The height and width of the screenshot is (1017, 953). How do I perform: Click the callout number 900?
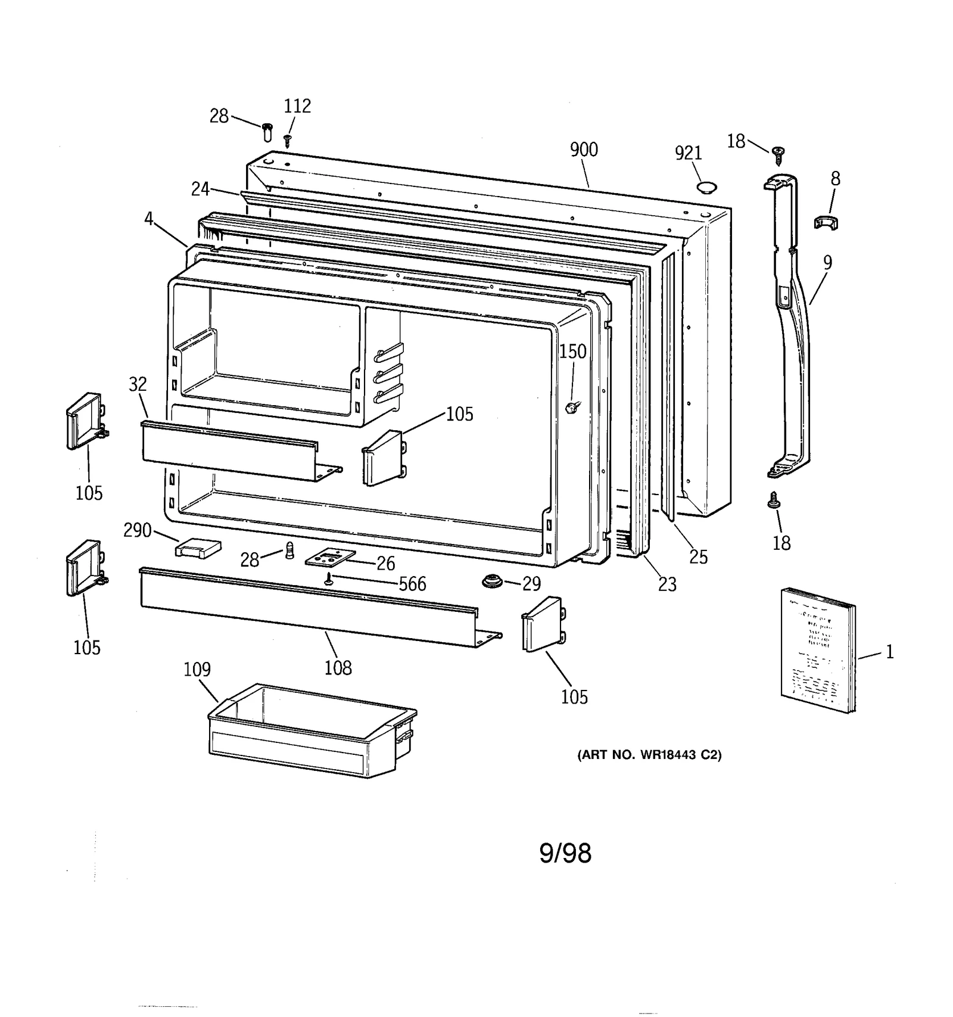click(583, 150)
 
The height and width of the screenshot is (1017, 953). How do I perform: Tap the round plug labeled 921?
click(706, 188)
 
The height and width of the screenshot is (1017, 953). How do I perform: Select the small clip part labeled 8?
click(826, 223)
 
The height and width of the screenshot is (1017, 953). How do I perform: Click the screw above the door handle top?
click(777, 155)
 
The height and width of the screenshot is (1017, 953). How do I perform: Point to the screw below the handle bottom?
click(775, 500)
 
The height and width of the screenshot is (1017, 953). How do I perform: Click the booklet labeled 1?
click(817, 650)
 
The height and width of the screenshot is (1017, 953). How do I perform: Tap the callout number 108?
click(338, 668)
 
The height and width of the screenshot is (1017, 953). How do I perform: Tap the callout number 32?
click(138, 384)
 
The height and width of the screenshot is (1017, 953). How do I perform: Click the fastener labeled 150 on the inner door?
click(574, 407)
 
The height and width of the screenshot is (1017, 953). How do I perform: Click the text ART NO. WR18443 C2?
click(649, 755)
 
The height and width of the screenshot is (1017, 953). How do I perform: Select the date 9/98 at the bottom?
click(565, 854)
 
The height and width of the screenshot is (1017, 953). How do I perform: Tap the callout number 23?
click(667, 584)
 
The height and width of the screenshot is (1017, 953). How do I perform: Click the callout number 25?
click(698, 557)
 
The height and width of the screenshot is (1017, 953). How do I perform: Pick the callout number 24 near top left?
click(200, 189)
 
